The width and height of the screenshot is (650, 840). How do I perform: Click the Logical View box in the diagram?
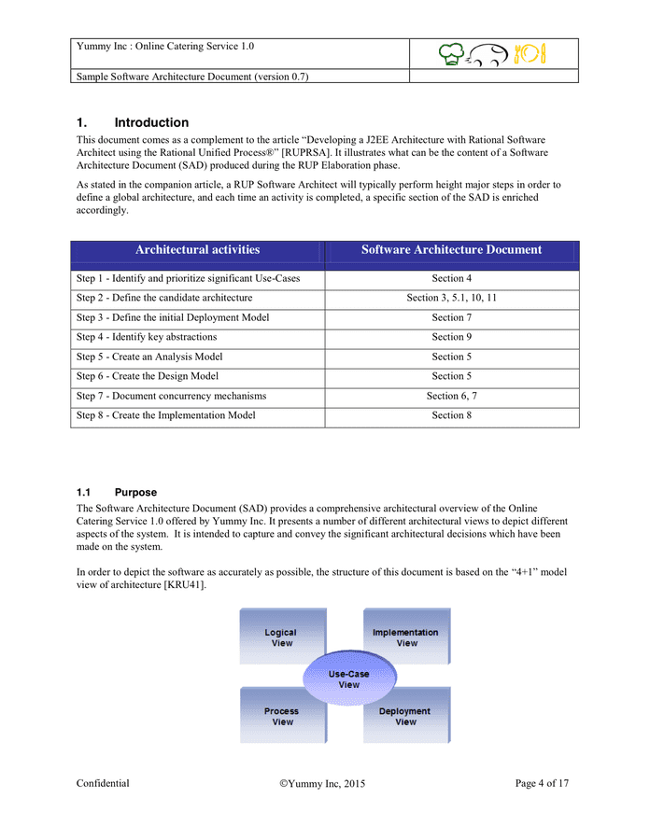coord(280,637)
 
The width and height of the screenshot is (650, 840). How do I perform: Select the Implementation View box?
coord(406,637)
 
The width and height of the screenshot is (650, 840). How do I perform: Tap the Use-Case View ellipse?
coord(348,679)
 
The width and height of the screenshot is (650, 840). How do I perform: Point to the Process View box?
coord(281,716)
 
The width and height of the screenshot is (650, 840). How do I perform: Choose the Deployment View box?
coord(405,716)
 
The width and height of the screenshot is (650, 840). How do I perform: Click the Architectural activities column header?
coord(197,250)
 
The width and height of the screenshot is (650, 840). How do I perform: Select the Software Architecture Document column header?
coord(451,250)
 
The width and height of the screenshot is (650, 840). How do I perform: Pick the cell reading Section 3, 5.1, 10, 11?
coord(451,298)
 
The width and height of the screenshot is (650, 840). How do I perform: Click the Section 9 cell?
coord(451,337)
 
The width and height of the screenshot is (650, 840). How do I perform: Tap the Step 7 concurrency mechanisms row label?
coord(171,396)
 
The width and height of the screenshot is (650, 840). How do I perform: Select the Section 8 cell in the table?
coord(451,415)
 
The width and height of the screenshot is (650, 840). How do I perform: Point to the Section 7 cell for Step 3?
coord(451,317)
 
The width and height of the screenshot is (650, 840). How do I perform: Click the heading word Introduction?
coord(151,122)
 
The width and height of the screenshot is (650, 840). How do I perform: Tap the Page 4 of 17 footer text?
coord(542,784)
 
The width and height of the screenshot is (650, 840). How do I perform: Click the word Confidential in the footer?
coord(103,784)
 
